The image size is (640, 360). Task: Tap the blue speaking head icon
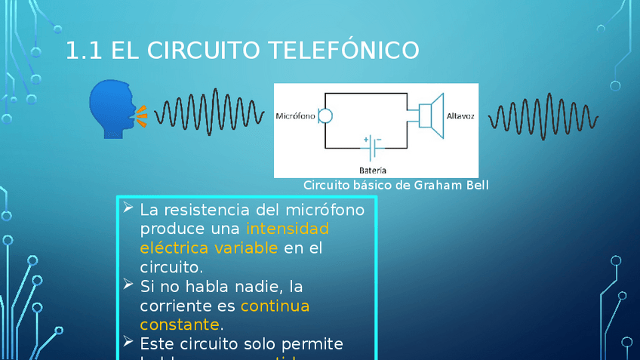tap(112, 109)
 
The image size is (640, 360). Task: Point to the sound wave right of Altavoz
tap(543, 117)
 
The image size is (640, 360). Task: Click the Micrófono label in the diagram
tap(295, 117)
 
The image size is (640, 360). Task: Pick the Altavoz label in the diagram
tap(460, 117)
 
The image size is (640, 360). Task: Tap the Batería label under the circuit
tap(373, 169)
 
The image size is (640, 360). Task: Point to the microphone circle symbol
tap(325, 116)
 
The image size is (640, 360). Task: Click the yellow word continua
tap(275, 306)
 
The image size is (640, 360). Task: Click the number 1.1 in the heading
tap(84, 51)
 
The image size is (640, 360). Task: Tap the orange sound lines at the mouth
tap(140, 114)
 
